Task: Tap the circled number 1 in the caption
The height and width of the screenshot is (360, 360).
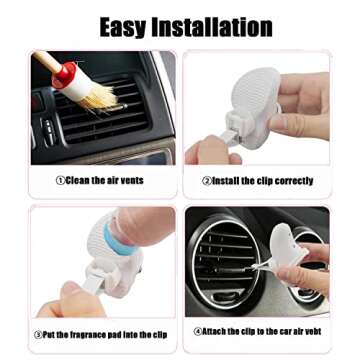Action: [x=61, y=181]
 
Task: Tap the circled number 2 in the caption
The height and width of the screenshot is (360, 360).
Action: [x=207, y=181]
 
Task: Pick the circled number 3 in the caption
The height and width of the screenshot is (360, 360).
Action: [x=38, y=332]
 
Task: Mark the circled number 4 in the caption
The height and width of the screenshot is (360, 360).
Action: [x=197, y=330]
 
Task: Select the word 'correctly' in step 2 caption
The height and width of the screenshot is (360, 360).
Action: [x=294, y=181]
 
